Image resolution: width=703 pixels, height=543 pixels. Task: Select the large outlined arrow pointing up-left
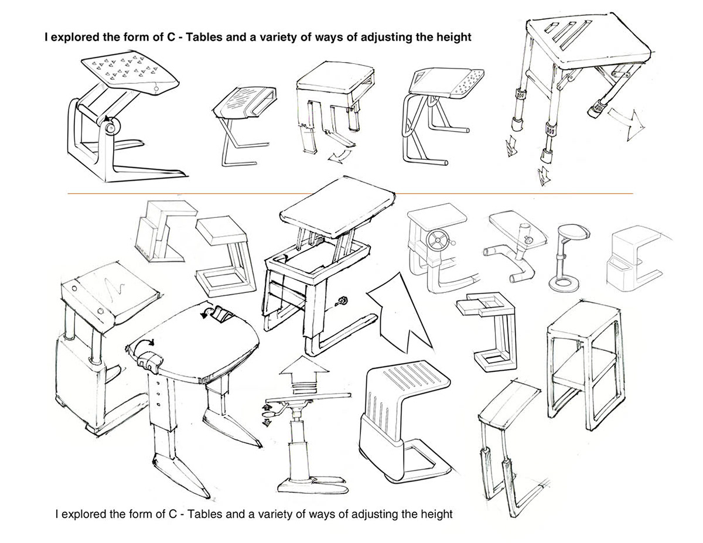[x=395, y=311]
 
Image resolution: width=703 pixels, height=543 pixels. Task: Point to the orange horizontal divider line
[x=351, y=193]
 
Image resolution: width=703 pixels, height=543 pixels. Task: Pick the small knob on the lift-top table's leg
[x=340, y=302]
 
